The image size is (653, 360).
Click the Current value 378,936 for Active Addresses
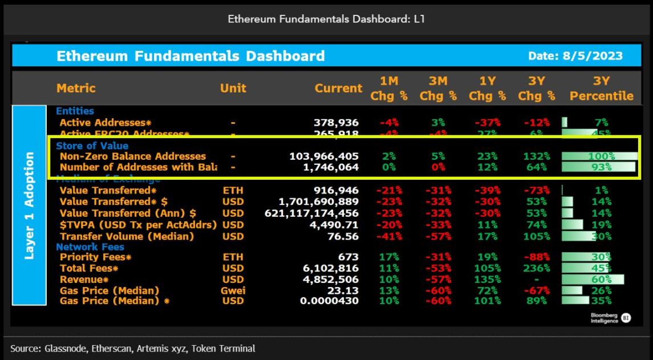pyautogui.click(x=336, y=122)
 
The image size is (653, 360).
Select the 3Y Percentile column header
pyautogui.click(x=601, y=88)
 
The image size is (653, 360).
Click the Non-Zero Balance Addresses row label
pyautogui.click(x=133, y=156)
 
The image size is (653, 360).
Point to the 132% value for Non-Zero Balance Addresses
pyautogui.click(x=537, y=156)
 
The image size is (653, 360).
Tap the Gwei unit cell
pyautogui.click(x=234, y=290)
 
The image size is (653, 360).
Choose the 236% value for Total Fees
pyautogui.click(x=537, y=268)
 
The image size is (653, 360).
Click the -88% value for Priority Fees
pyautogui.click(x=537, y=257)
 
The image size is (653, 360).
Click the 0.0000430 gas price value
pyautogui.click(x=331, y=301)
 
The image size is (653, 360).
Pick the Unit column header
pyautogui.click(x=233, y=88)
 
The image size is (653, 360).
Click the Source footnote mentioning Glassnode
pyautogui.click(x=133, y=348)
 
